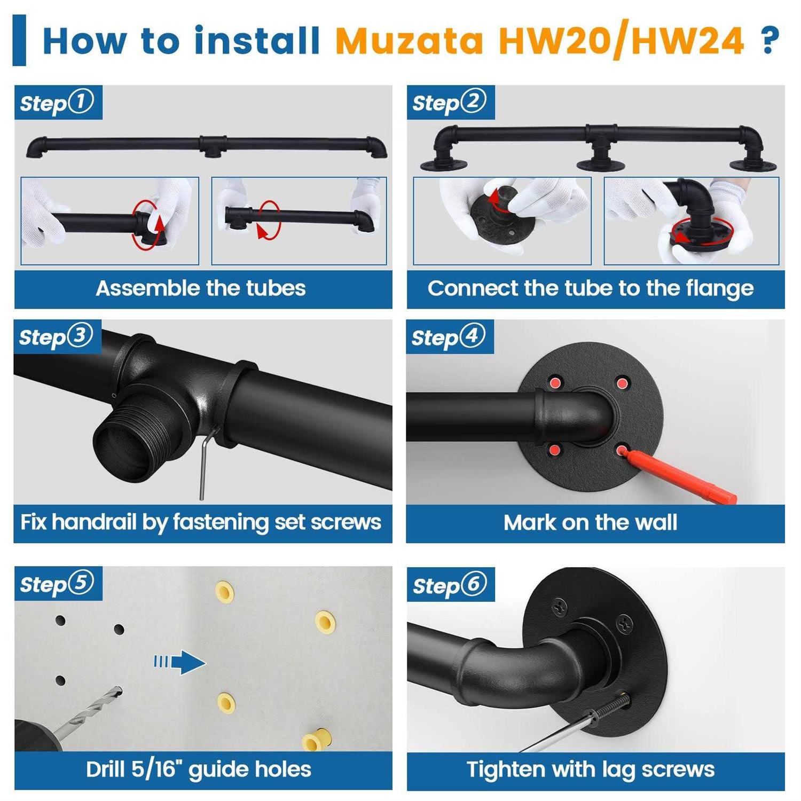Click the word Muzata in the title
[409, 41]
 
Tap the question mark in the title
[769, 40]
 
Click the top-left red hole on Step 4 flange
[556, 382]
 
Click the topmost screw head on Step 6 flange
[560, 606]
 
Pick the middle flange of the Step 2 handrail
[601, 163]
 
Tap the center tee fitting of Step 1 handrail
[213, 145]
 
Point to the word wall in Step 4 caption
[655, 522]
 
